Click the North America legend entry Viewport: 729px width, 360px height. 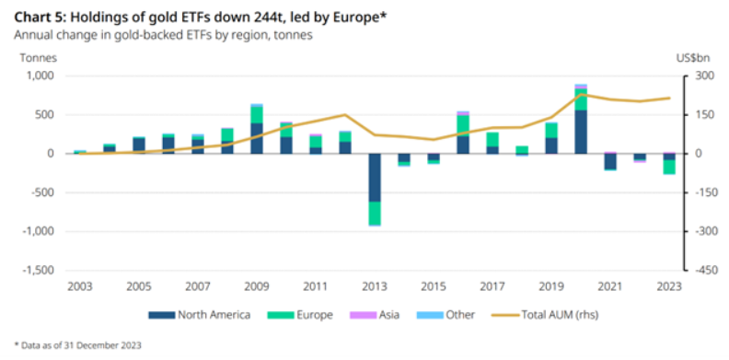pyautogui.click(x=200, y=316)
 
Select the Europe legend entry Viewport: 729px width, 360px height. pyautogui.click(x=300, y=316)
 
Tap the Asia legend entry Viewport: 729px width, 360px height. pyautogui.click(x=375, y=316)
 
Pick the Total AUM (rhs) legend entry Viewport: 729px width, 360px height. pyautogui.click(x=544, y=316)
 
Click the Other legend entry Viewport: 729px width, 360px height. pyautogui.click(x=445, y=316)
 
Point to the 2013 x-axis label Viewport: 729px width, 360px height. pyautogui.click(x=375, y=286)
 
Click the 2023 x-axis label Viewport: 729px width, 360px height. pyautogui.click(x=669, y=286)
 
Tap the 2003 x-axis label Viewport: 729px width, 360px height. pyautogui.click(x=80, y=286)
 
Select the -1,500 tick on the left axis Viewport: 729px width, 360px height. pyautogui.click(x=38, y=271)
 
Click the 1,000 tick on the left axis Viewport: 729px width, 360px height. pyautogui.click(x=40, y=75)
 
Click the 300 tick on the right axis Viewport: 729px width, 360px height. pyautogui.click(x=699, y=75)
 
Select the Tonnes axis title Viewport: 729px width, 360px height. pyautogui.click(x=38, y=58)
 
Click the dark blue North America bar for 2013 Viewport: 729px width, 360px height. pyautogui.click(x=375, y=178)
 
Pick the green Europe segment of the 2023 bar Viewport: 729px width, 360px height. pyautogui.click(x=669, y=167)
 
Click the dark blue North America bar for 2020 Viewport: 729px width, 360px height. pyautogui.click(x=581, y=132)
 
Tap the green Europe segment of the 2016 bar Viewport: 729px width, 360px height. pyautogui.click(x=463, y=125)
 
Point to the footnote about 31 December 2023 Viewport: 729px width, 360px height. pyautogui.click(x=78, y=345)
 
